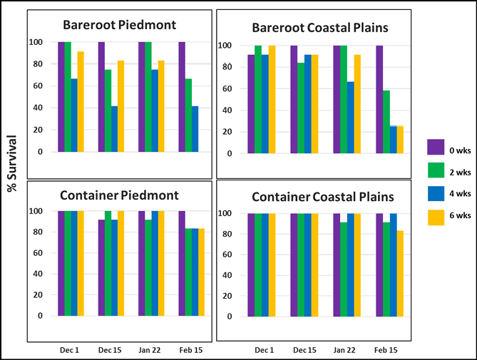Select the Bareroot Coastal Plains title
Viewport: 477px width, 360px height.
coord(320,28)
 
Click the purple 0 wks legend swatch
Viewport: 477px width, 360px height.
coord(436,147)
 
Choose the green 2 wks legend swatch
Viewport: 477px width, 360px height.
coord(436,171)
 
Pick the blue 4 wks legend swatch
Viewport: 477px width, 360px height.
coord(436,194)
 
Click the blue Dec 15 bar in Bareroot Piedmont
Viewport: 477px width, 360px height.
coord(115,129)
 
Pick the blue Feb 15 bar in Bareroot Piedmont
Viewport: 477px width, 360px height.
coord(195,129)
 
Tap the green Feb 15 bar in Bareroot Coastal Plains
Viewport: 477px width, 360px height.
coord(386,122)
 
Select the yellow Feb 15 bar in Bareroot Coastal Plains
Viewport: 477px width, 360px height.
coord(399,140)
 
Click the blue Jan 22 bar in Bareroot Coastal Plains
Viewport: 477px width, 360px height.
coord(351,118)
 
